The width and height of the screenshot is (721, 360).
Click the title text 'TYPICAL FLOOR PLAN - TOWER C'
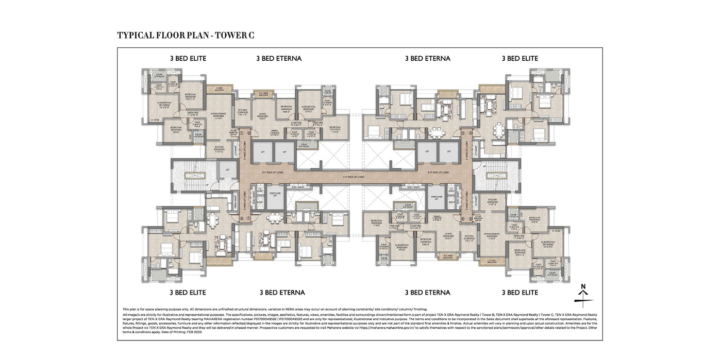pos(186,36)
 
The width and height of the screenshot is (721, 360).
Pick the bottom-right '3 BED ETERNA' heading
pos(427,293)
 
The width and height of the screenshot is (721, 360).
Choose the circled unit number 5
pos(471,219)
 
